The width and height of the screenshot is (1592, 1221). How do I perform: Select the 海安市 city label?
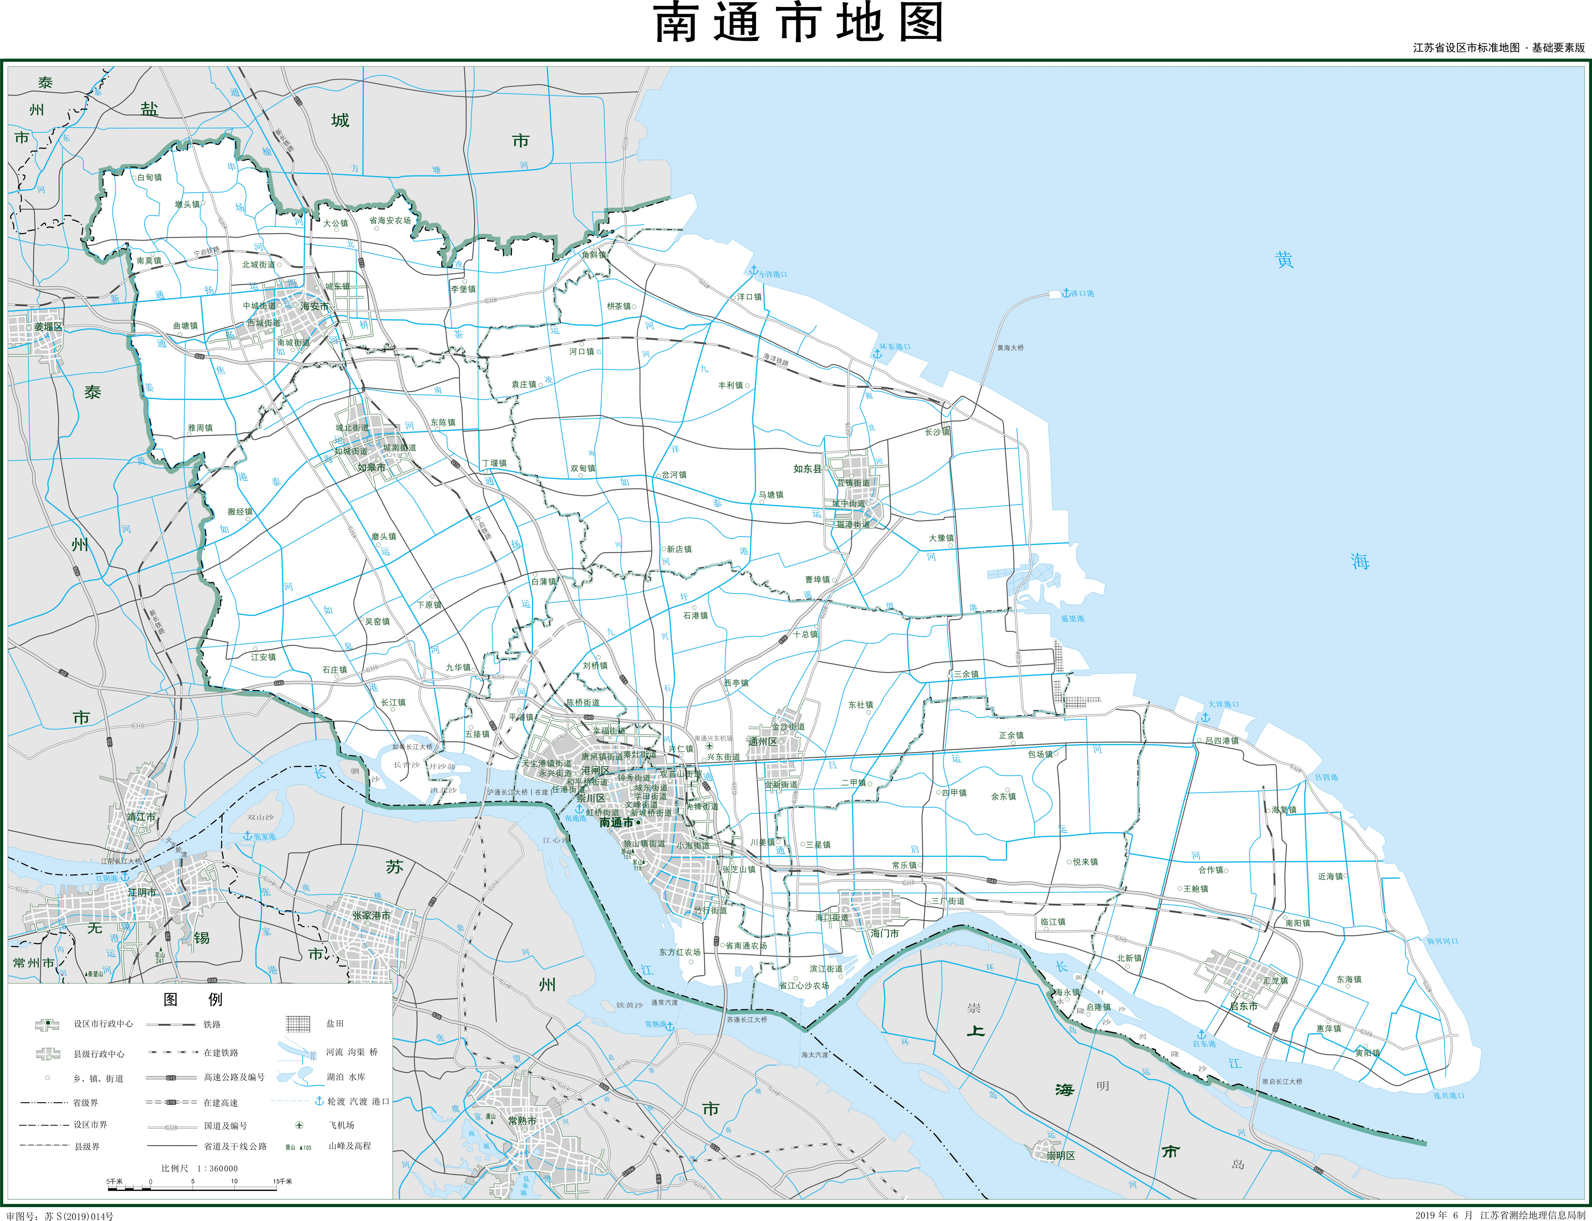(x=314, y=307)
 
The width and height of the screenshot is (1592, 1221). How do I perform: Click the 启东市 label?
(x=1243, y=1006)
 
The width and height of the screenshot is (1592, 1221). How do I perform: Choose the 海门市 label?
(x=884, y=933)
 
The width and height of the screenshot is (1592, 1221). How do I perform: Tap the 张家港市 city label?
(x=371, y=916)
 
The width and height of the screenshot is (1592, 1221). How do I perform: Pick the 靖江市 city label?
(x=141, y=817)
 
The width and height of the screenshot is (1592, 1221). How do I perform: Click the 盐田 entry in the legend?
(x=335, y=1023)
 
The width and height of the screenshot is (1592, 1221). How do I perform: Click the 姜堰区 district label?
(x=48, y=327)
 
